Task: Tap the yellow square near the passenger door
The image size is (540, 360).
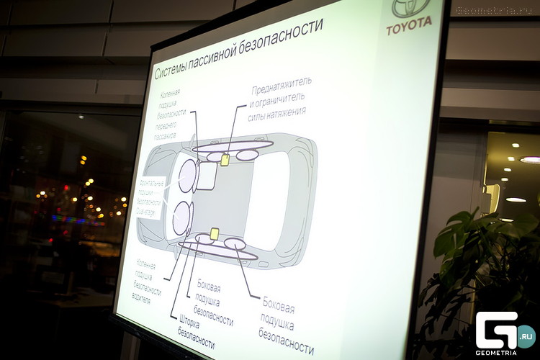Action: (225, 160)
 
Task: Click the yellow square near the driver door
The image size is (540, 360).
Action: (214, 233)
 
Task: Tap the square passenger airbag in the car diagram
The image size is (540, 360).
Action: (206, 175)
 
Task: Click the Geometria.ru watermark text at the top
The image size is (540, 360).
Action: (496, 10)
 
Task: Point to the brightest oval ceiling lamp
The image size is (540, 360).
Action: (531, 159)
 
